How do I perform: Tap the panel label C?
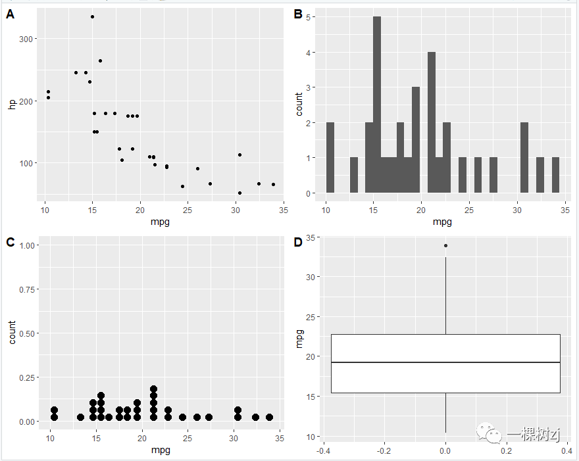click(11, 242)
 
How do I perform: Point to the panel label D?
click(297, 242)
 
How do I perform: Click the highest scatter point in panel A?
click(92, 16)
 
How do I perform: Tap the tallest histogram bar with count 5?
click(377, 105)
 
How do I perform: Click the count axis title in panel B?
click(299, 104)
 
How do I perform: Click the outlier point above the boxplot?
click(446, 245)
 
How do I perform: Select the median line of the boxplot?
click(445, 362)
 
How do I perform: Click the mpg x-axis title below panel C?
click(161, 450)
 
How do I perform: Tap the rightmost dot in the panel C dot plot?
click(269, 417)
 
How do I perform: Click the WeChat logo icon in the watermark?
click(492, 432)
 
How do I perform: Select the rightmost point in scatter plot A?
click(273, 184)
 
